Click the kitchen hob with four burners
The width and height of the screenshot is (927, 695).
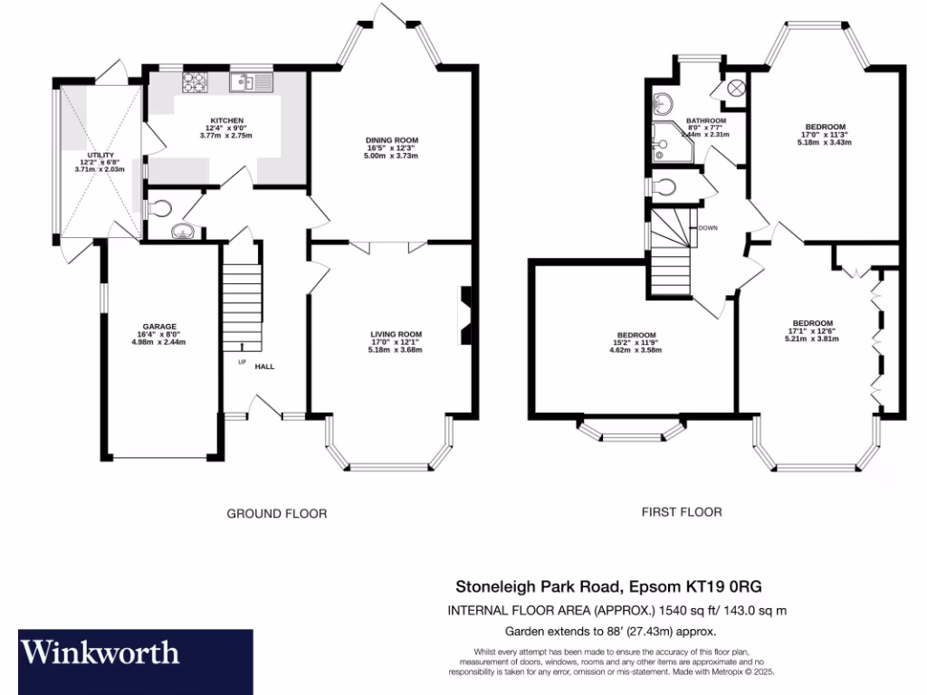pos(196,82)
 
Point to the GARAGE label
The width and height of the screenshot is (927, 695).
pos(158,327)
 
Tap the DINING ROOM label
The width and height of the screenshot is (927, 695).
pos(390,140)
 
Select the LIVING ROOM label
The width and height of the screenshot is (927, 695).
pos(396,334)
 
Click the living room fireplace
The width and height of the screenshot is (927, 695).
pos(466,310)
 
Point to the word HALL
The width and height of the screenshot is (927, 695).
pos(264,367)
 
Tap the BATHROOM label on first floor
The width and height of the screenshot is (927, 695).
pos(705,120)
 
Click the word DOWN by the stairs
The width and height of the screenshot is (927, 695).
pos(708,228)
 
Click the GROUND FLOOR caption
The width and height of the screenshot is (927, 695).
pos(276,513)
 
